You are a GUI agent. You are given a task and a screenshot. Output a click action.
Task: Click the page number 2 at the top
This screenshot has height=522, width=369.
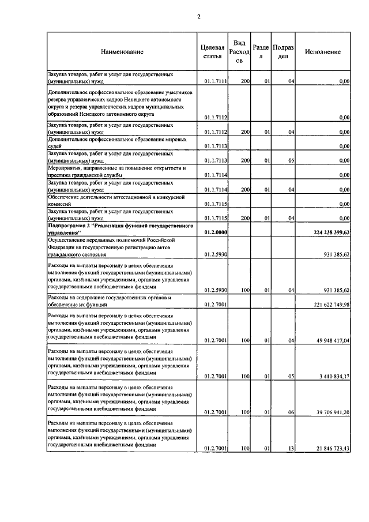point(198,16)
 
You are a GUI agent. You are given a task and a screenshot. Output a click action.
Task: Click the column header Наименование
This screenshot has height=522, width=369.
point(122,52)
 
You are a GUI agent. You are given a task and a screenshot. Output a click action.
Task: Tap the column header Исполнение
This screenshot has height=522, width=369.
point(323,52)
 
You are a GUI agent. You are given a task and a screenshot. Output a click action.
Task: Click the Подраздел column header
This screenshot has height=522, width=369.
point(283,51)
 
